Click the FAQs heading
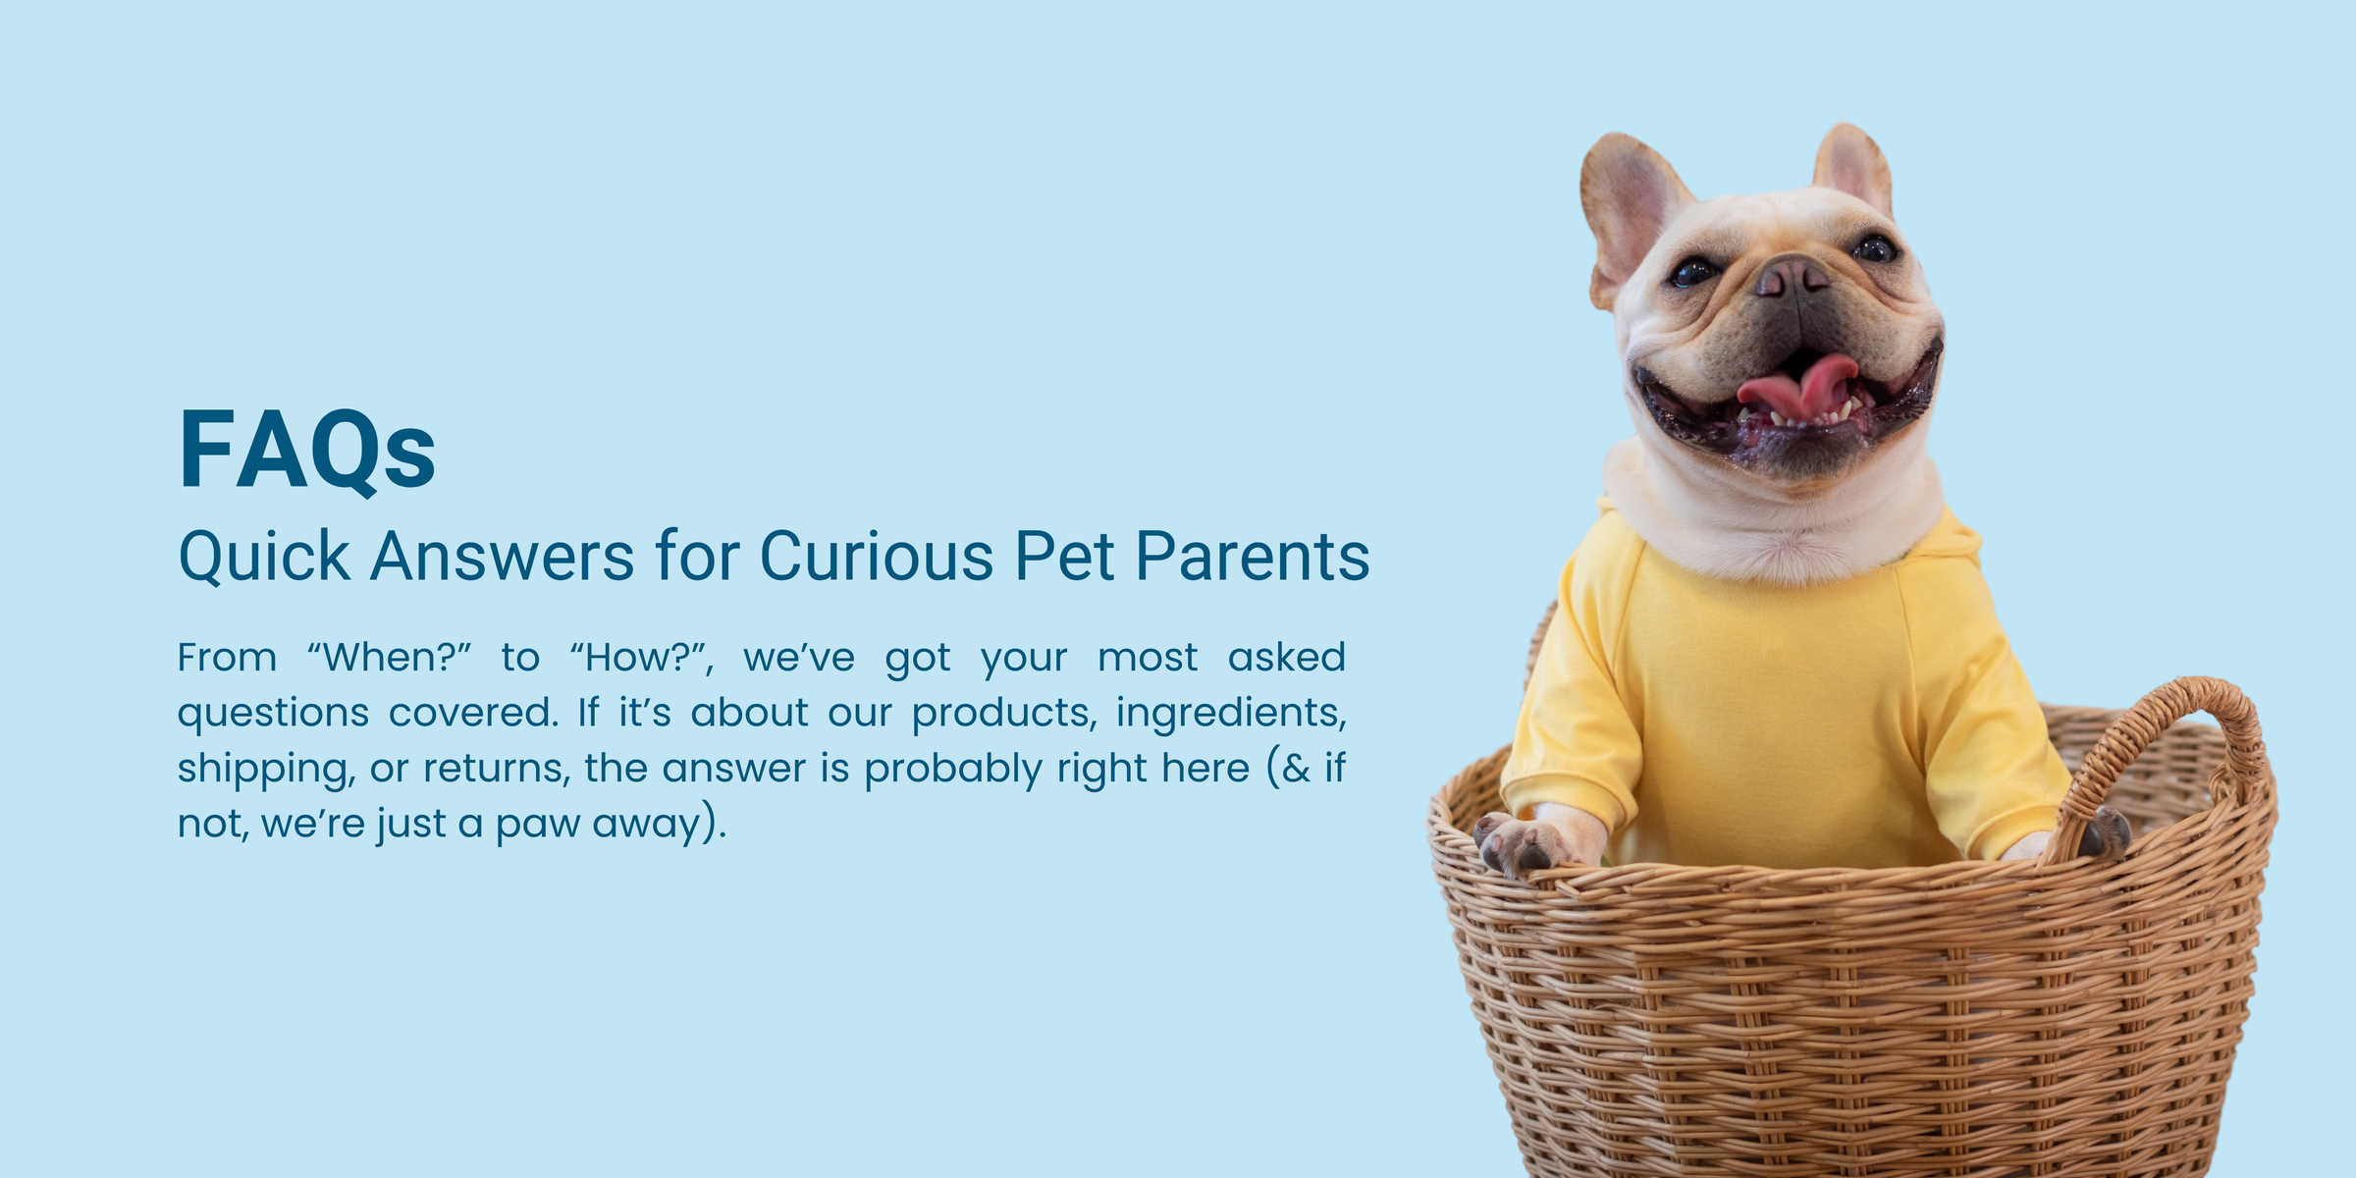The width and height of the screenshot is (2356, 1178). [307, 451]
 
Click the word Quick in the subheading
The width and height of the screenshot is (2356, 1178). [264, 558]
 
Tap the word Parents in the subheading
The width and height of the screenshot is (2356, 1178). [1253, 557]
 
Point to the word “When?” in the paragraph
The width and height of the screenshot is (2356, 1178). [390, 657]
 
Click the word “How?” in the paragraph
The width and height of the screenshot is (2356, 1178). [641, 658]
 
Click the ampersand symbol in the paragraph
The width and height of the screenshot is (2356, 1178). [1296, 768]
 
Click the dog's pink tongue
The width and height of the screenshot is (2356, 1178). [1796, 384]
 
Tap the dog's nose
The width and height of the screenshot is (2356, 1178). [1792, 276]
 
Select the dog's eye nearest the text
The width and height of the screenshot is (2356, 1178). [1694, 271]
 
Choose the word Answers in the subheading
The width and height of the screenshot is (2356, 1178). [503, 557]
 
